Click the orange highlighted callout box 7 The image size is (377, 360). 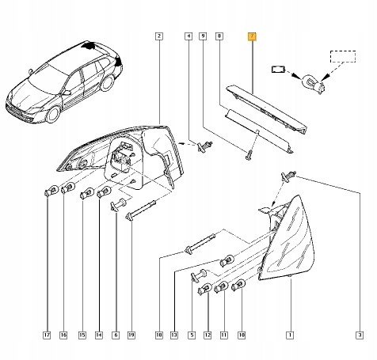[252, 36]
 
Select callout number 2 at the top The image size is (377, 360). [158, 36]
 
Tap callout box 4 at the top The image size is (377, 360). [188, 36]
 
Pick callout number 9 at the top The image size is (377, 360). [203, 36]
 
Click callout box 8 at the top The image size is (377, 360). [219, 36]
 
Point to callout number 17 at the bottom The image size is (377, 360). [47, 335]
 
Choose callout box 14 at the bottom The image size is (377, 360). [99, 335]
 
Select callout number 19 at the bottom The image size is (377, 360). [131, 335]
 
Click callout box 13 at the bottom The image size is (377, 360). [174, 335]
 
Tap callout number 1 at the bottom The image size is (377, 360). [290, 335]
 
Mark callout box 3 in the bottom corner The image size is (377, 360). [360, 335]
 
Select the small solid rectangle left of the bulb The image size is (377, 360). [278, 70]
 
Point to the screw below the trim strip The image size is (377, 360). [249, 156]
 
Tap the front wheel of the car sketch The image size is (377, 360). [53, 114]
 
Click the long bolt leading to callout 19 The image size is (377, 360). [141, 210]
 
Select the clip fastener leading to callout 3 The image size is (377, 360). [289, 176]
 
